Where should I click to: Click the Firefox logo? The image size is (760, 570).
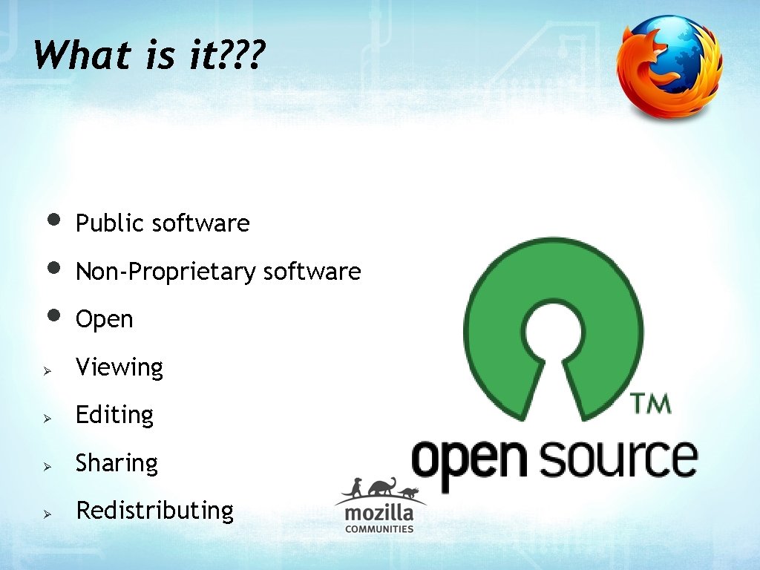[669, 66]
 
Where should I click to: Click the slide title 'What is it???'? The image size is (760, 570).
[148, 56]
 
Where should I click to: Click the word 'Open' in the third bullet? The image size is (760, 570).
[104, 320]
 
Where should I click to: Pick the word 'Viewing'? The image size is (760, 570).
[119, 367]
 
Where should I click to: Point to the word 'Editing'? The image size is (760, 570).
[114, 415]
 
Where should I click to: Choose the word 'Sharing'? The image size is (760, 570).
[117, 463]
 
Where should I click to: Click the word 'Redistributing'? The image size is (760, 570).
[154, 511]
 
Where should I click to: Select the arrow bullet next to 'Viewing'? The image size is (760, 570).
[46, 370]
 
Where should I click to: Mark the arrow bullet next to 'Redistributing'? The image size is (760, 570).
[46, 513]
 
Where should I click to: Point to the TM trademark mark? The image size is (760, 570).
[651, 404]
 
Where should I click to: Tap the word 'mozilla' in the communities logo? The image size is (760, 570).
[379, 513]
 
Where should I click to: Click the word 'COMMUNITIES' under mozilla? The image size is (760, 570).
[379, 529]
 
